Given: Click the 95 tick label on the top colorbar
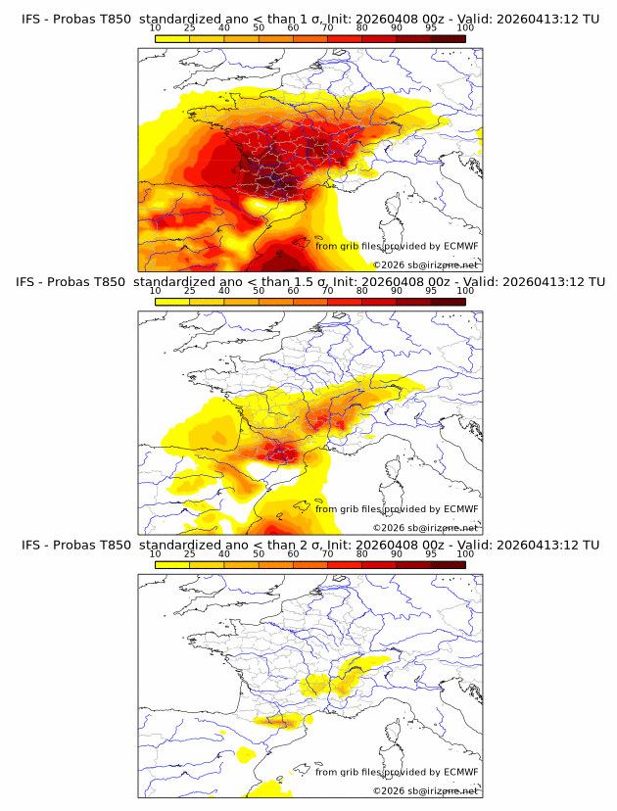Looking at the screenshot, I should click(431, 27).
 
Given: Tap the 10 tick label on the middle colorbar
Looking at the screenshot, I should click(156, 290).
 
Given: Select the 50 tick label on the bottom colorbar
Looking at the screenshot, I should click(259, 553).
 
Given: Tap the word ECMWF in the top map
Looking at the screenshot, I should click(459, 245).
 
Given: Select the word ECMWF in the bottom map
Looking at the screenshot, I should click(459, 772).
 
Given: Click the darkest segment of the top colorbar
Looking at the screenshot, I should click(449, 38).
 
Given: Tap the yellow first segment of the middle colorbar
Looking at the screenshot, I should click(172, 302).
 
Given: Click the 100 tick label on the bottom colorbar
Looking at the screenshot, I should click(465, 553).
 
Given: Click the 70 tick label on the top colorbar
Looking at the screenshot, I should click(327, 27).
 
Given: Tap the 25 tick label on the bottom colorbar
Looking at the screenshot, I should click(190, 553).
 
